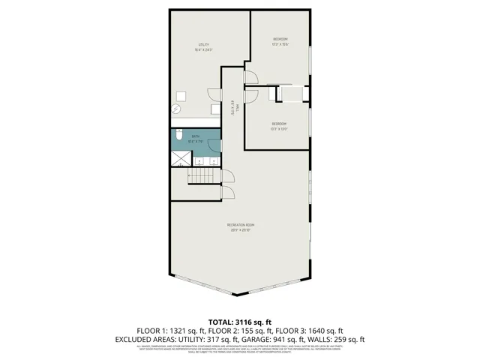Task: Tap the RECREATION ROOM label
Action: coord(241,225)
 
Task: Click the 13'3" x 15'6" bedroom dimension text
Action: coord(280,44)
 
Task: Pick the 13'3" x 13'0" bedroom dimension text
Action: coord(278,127)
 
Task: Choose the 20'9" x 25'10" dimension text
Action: coord(241,230)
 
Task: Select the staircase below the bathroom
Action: coord(200,177)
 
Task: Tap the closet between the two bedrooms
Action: coord(291,94)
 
